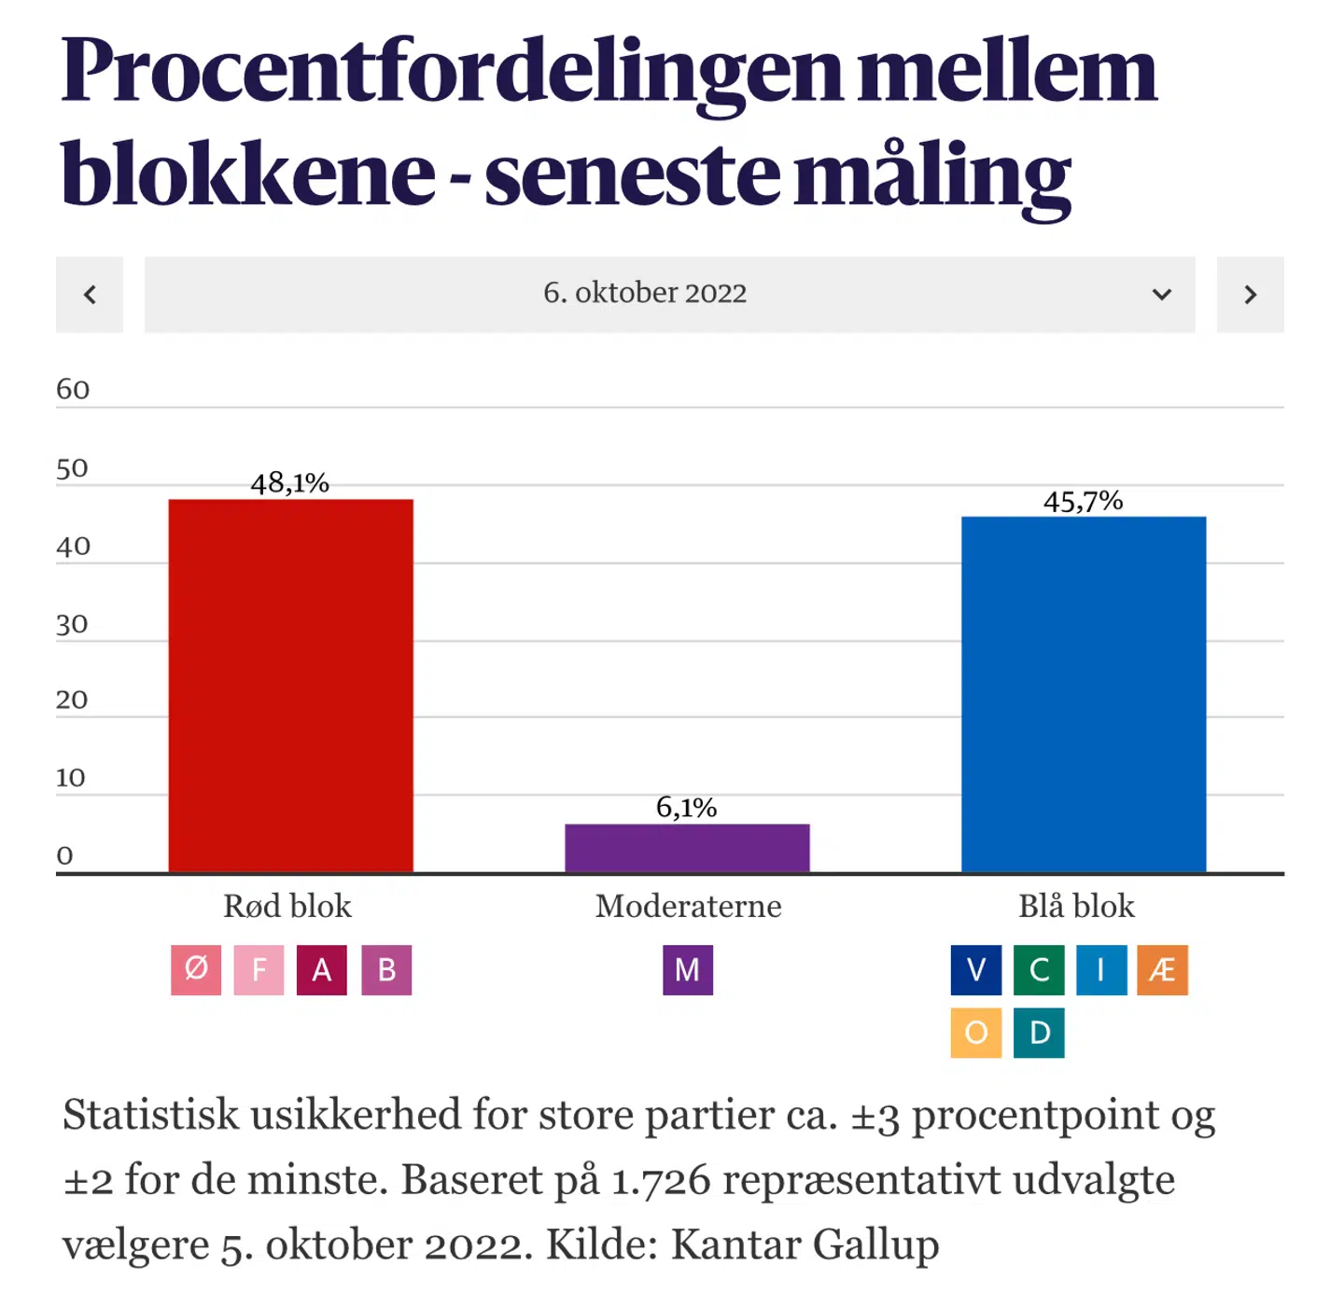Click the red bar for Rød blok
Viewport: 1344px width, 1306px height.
pyautogui.click(x=290, y=686)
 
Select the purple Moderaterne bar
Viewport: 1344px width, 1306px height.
pyautogui.click(x=687, y=848)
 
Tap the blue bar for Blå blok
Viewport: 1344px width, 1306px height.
pyautogui.click(x=1084, y=694)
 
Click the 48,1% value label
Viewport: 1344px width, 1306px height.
pyautogui.click(x=290, y=483)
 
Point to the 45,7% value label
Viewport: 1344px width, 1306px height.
pyautogui.click(x=1083, y=502)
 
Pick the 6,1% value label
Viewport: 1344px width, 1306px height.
pyautogui.click(x=686, y=808)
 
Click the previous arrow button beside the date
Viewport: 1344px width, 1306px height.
pyautogui.click(x=90, y=295)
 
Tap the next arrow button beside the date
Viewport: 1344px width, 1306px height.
pyautogui.click(x=1250, y=295)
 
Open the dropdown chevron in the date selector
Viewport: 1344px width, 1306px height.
pyautogui.click(x=1161, y=295)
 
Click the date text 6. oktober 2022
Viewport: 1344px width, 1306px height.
pyautogui.click(x=645, y=293)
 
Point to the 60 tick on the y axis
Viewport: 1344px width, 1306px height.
pyautogui.click(x=73, y=389)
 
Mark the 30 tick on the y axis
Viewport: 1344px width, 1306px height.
pyautogui.click(x=72, y=624)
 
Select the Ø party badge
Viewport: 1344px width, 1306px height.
pyautogui.click(x=196, y=970)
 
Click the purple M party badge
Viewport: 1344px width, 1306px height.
pyautogui.click(x=688, y=970)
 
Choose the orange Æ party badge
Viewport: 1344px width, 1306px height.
pyautogui.click(x=1162, y=970)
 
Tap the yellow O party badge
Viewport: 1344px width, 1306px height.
pyautogui.click(x=976, y=1033)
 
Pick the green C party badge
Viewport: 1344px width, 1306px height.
pyautogui.click(x=1039, y=970)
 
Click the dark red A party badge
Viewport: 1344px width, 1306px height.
pyautogui.click(x=322, y=970)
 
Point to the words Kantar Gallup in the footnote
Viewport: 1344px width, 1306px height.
pyautogui.click(x=805, y=1244)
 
